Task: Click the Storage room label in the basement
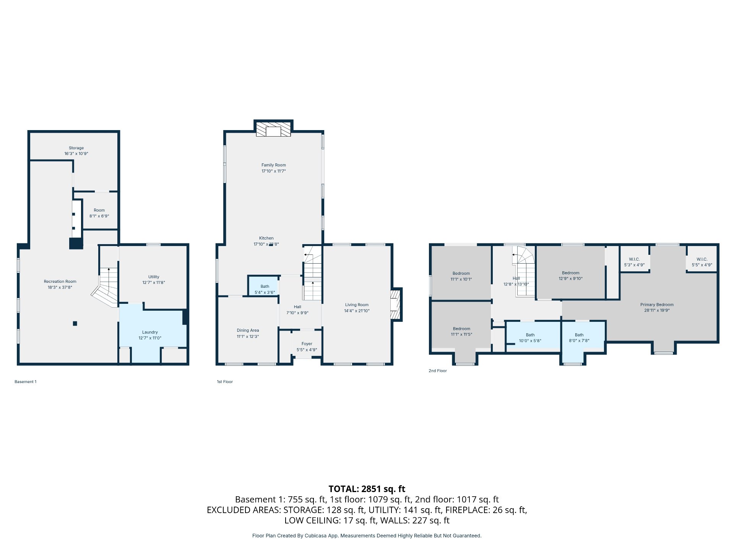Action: pyautogui.click(x=76, y=148)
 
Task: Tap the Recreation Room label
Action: pyautogui.click(x=60, y=282)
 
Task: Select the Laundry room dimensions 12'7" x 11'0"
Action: pyautogui.click(x=150, y=338)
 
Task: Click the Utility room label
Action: pyautogui.click(x=154, y=277)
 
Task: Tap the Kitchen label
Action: pyautogui.click(x=266, y=238)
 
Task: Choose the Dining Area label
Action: pyautogui.click(x=248, y=330)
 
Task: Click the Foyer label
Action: pyautogui.click(x=307, y=344)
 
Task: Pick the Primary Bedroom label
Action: pyautogui.click(x=657, y=305)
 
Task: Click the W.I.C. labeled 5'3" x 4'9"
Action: pyautogui.click(x=634, y=259)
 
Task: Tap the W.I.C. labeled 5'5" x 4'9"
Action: pyautogui.click(x=702, y=259)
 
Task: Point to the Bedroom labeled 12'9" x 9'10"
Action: pyautogui.click(x=571, y=273)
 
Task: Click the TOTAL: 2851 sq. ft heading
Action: pyautogui.click(x=367, y=489)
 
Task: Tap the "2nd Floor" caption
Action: pyautogui.click(x=438, y=371)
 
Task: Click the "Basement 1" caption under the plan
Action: pyautogui.click(x=26, y=381)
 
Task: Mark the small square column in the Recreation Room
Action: pyautogui.click(x=75, y=323)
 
